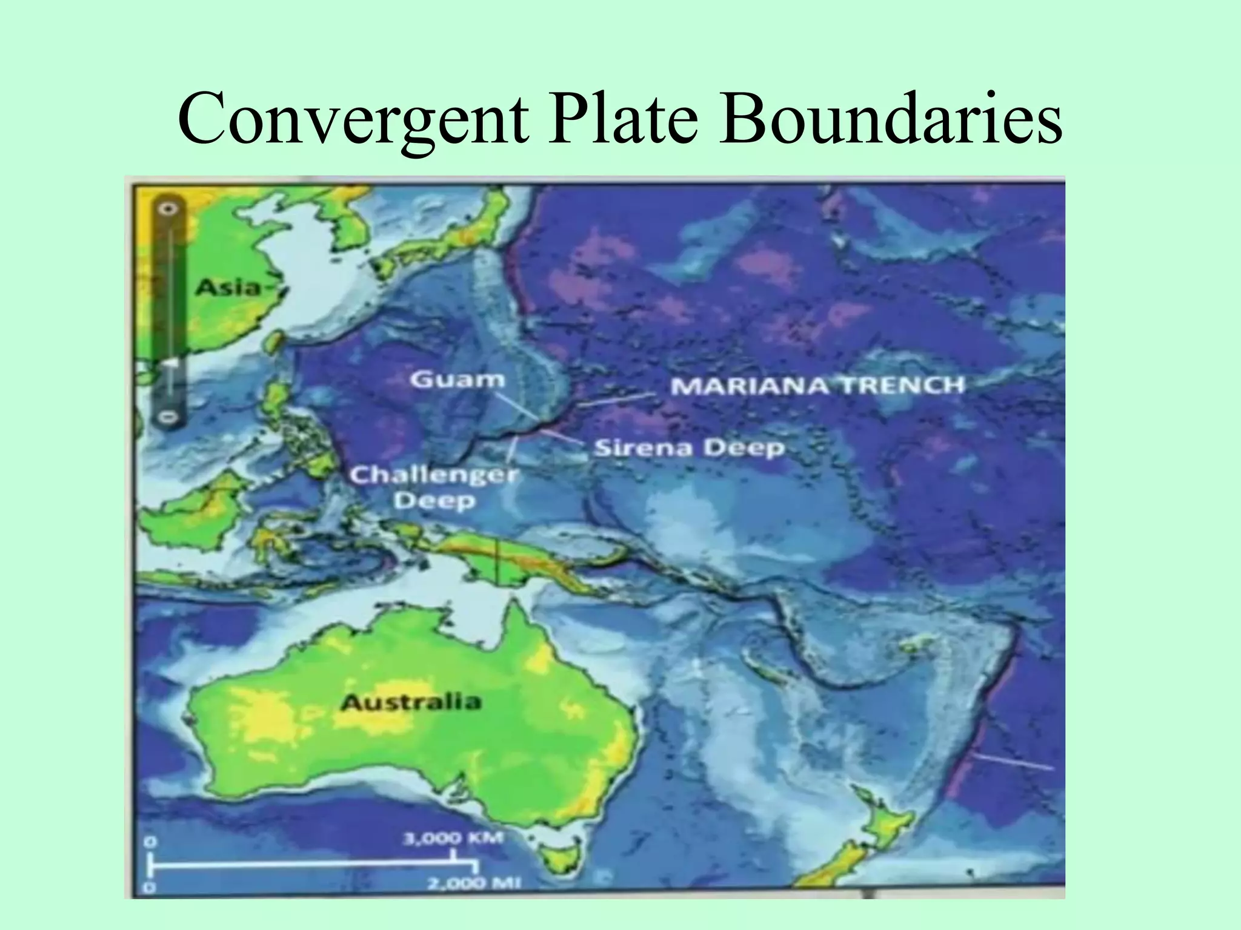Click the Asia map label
227,287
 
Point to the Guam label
457,380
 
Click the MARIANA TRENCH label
817,385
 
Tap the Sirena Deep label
689,449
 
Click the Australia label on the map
410,702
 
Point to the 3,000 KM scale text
453,839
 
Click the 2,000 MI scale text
474,883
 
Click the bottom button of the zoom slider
169,417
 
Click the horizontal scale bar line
303,865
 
